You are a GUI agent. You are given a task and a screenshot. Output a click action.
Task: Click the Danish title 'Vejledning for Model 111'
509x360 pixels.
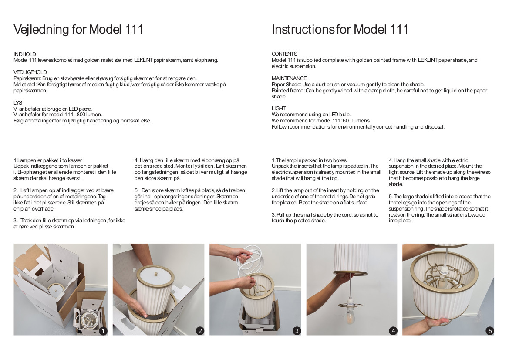point(78,30)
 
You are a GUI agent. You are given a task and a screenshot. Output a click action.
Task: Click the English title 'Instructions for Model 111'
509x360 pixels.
point(340,30)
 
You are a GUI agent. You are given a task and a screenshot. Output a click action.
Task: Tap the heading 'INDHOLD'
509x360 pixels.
point(25,54)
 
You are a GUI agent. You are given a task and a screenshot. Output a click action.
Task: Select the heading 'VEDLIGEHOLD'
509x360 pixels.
point(30,72)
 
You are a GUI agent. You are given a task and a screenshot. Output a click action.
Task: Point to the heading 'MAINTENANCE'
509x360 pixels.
point(289,78)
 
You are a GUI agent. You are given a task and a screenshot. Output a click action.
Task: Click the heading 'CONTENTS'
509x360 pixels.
point(284,54)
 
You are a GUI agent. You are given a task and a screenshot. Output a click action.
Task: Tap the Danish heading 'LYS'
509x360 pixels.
point(18,103)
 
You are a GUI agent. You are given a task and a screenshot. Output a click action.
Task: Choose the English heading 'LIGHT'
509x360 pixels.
point(279,109)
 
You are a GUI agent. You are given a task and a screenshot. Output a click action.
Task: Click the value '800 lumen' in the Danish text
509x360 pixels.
point(89,115)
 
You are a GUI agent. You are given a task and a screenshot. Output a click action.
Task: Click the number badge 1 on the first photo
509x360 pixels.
point(103,331)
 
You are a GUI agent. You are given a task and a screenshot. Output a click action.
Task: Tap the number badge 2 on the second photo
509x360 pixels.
point(200,331)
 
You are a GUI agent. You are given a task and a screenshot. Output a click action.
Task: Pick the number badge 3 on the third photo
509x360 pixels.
point(297,331)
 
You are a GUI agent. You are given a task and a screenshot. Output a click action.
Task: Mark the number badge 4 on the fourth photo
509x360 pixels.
point(393,331)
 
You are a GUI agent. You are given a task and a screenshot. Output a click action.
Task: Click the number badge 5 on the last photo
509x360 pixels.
point(490,331)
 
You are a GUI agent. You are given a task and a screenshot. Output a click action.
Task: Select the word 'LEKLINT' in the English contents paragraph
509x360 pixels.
point(428,60)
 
